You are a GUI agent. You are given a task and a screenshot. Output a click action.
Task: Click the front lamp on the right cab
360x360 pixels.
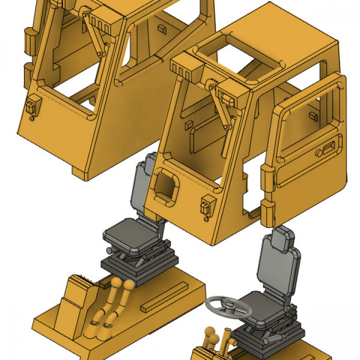pyautogui.click(x=206, y=205)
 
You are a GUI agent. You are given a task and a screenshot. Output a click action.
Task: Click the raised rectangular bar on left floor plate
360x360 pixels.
pyautogui.click(x=164, y=298)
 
